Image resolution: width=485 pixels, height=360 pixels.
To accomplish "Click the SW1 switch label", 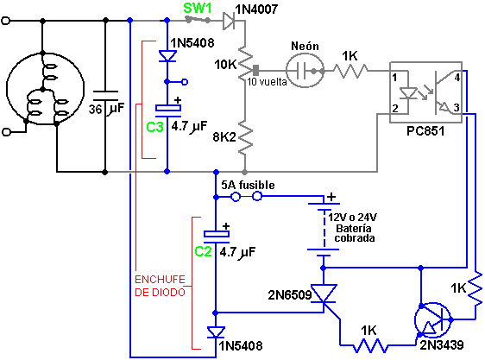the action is pyautogui.click(x=198, y=8).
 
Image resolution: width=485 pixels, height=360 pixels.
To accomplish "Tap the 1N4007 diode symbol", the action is pyautogui.click(x=230, y=21).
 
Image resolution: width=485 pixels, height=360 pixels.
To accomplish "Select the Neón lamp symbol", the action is pyautogui.click(x=305, y=71).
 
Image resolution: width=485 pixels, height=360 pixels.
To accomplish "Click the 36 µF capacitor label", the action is pyautogui.click(x=106, y=109).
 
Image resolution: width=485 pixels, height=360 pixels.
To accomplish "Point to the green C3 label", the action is pyautogui.click(x=154, y=127).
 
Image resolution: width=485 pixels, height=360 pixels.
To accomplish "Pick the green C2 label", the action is pyautogui.click(x=203, y=252).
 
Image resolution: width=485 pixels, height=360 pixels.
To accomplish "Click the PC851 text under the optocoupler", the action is pyautogui.click(x=425, y=131).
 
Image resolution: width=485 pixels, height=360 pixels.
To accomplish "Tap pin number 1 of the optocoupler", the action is pyautogui.click(x=394, y=78).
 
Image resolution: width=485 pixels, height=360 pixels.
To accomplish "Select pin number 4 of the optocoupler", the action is pyautogui.click(x=457, y=78).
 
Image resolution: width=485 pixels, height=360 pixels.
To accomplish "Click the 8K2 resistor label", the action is pyautogui.click(x=224, y=136).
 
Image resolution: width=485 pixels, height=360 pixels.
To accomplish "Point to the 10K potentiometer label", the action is pyautogui.click(x=225, y=65).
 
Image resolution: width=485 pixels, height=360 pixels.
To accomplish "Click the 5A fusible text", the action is pyautogui.click(x=248, y=185).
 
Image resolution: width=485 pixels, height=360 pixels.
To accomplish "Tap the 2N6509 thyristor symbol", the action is pyautogui.click(x=324, y=294).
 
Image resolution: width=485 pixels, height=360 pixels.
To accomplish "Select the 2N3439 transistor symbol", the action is pyautogui.click(x=433, y=320).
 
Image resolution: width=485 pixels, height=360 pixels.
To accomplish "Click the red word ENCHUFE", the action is pyautogui.click(x=160, y=280).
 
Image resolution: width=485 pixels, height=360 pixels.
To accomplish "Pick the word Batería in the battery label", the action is pyautogui.click(x=354, y=229).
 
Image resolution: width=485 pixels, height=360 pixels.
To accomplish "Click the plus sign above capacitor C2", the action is pyautogui.click(x=226, y=226).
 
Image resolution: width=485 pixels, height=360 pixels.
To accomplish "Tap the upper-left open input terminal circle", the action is pyautogui.click(x=6, y=21).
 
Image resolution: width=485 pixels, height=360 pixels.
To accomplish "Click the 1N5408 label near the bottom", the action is pyautogui.click(x=240, y=346).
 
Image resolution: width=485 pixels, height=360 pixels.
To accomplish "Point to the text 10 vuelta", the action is pyautogui.click(x=267, y=82).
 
